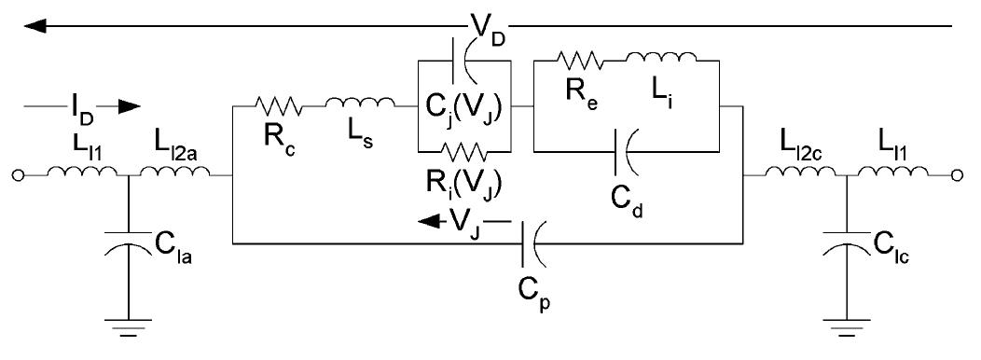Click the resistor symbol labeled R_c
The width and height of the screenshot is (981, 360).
(279, 107)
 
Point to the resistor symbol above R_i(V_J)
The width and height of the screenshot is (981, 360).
(463, 148)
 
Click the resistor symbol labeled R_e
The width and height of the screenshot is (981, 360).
(578, 62)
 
